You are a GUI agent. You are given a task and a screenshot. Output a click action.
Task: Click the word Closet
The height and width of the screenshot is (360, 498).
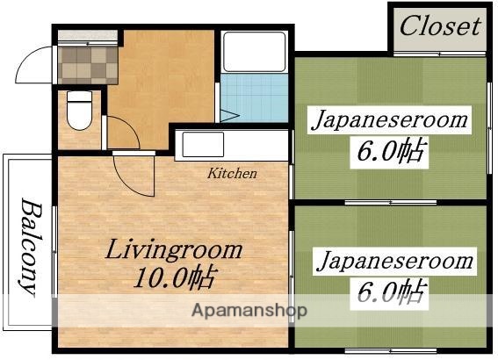coord(440,25)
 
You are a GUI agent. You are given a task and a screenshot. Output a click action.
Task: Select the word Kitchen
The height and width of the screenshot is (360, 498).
coord(232,173)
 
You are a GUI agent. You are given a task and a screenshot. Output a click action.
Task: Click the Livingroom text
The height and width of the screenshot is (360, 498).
coord(174,249)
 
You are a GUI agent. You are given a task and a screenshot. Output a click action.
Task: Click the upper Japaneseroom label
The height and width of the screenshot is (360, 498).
coord(389,120)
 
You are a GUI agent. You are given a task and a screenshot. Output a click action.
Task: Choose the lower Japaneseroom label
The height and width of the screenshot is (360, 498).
coord(395,261)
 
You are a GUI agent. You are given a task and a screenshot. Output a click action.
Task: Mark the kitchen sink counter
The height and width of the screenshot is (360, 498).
coord(234,145)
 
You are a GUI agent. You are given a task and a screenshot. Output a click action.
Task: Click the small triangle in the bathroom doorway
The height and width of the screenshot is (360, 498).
coord(227,114)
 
